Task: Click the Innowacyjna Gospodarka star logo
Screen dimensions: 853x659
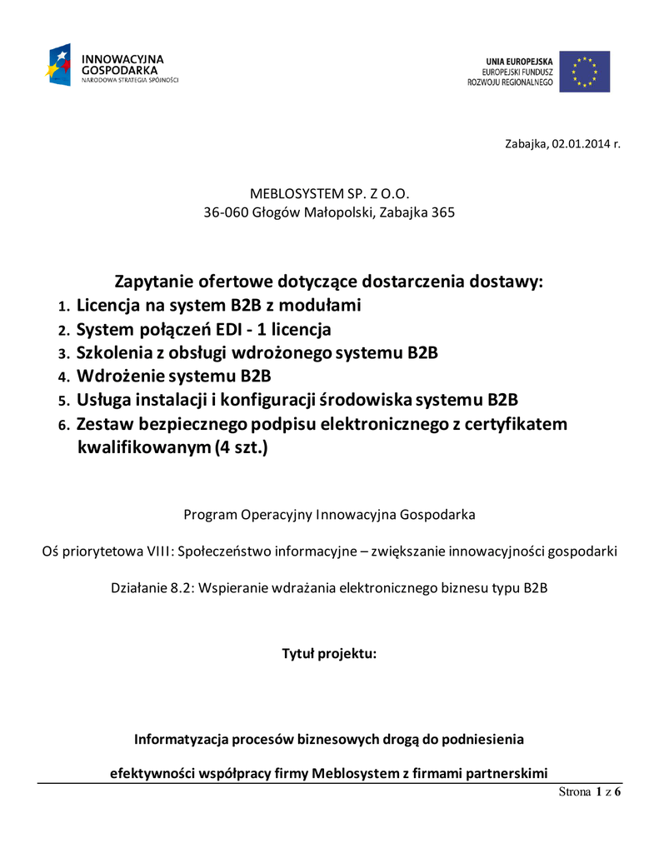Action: (x=59, y=66)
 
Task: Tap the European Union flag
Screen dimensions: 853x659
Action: (x=584, y=72)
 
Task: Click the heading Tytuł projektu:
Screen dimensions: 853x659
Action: (x=330, y=653)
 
